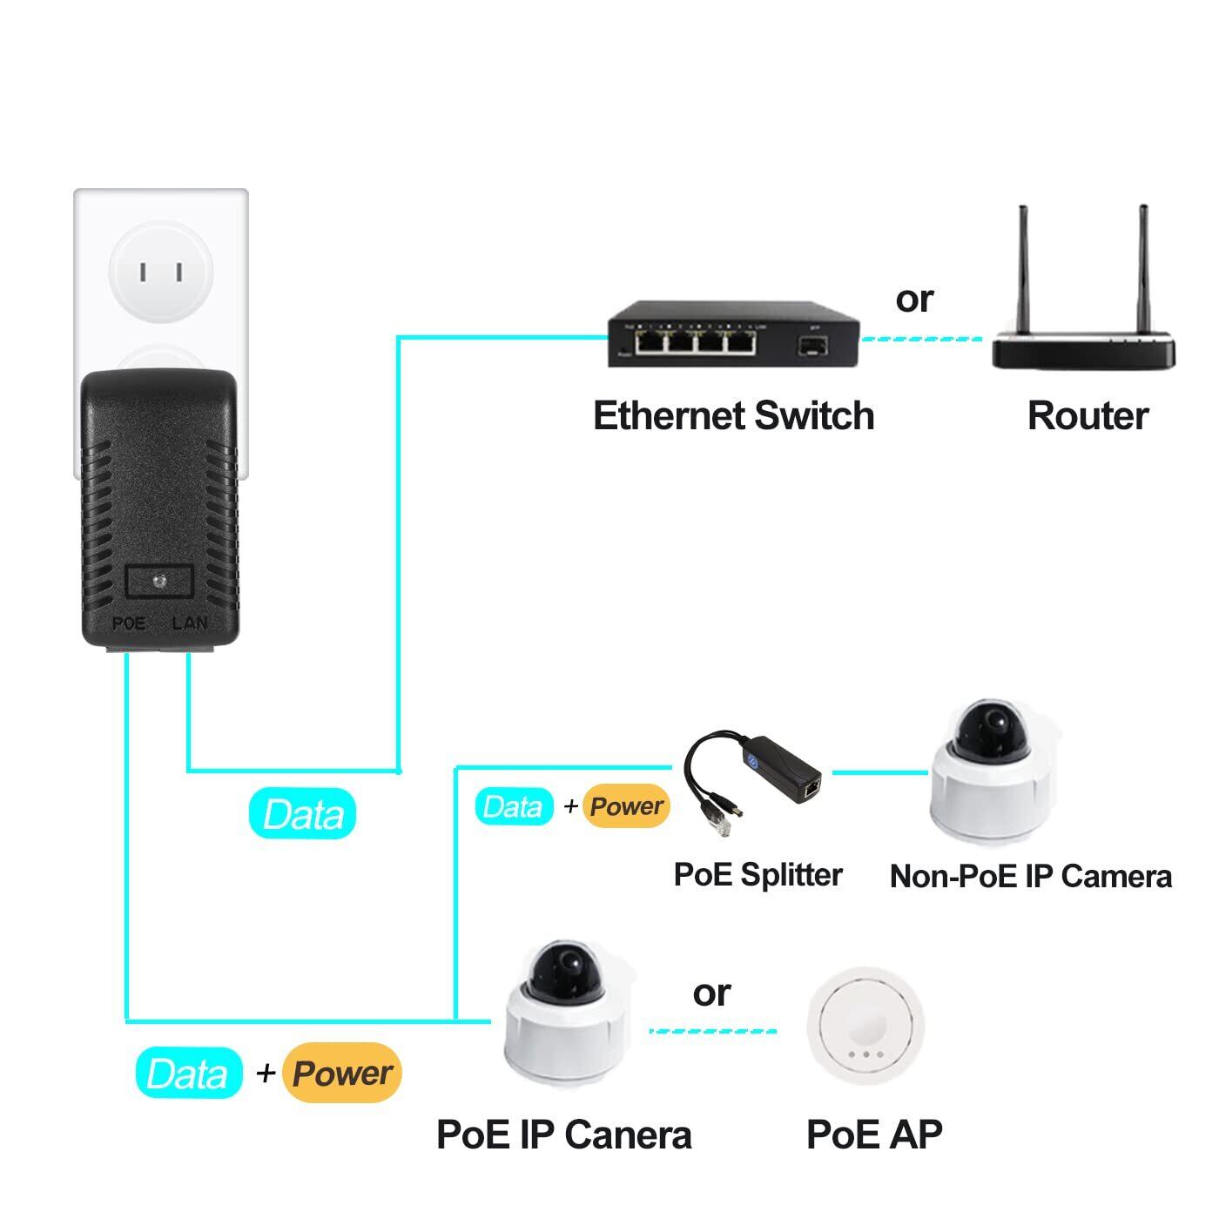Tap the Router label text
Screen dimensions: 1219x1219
1088,415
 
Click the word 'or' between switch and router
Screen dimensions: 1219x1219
914,299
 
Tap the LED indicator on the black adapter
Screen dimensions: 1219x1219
158,581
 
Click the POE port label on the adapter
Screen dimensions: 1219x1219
129,623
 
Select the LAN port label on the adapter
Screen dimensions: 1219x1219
190,623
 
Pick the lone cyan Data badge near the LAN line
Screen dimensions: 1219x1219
302,814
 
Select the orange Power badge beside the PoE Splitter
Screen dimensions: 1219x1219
626,806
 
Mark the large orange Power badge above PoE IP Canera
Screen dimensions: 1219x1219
342,1073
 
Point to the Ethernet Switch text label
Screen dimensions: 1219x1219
733,415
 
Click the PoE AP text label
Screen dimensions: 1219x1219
874,1134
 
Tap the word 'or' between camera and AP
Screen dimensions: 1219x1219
711,993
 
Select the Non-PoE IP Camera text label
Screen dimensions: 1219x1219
1031,876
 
